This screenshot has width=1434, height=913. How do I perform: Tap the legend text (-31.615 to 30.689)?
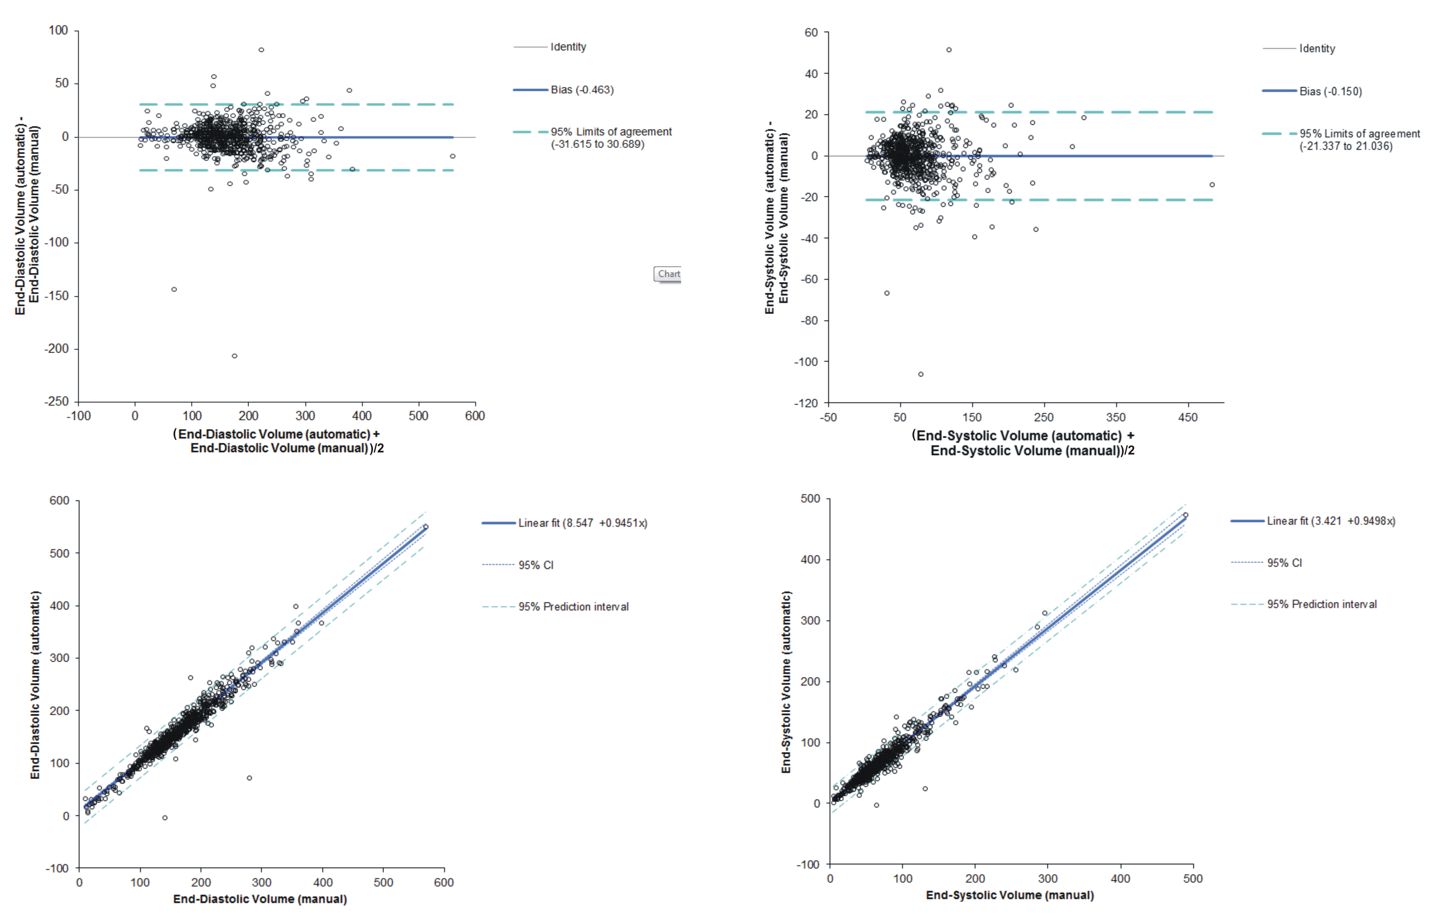coord(597,144)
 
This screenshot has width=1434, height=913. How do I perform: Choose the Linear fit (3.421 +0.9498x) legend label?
coord(1330,521)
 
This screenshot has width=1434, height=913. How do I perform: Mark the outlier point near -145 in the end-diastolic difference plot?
coord(174,290)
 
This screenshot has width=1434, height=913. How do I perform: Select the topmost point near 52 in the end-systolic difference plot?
coord(949,50)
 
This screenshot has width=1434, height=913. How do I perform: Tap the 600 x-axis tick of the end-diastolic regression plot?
coord(444,882)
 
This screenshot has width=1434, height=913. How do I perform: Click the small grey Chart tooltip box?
coord(668,274)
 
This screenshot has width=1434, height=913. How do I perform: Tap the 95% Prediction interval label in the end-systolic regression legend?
coord(1321,605)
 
